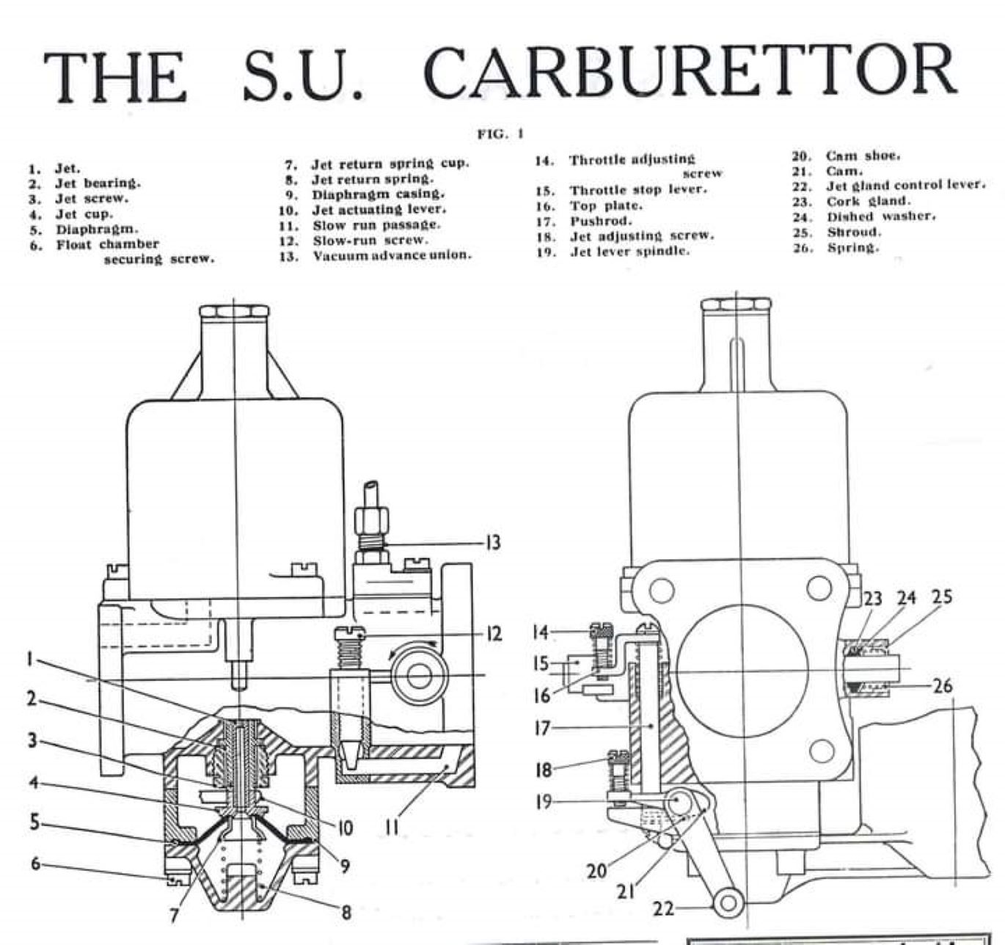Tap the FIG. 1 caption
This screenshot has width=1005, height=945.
click(x=500, y=134)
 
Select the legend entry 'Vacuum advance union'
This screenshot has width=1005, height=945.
click(x=391, y=255)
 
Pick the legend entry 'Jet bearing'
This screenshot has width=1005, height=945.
click(x=98, y=183)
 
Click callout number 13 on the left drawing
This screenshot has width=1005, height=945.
click(x=492, y=543)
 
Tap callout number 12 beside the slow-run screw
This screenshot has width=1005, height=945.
click(x=493, y=633)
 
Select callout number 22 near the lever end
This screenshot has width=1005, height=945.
click(x=663, y=909)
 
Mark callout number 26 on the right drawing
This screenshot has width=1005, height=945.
click(x=943, y=686)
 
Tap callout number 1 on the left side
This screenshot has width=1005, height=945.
click(x=30, y=659)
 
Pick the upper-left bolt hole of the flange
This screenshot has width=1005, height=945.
click(x=662, y=588)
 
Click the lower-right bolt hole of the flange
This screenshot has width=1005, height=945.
click(x=819, y=750)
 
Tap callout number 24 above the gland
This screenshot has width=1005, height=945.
click(x=907, y=597)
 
